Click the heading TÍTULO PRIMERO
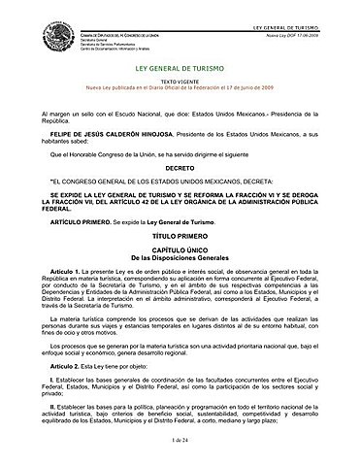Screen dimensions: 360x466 (180, 236)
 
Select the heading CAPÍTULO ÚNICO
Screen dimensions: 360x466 (180, 251)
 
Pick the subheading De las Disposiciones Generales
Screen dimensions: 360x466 (180, 259)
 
